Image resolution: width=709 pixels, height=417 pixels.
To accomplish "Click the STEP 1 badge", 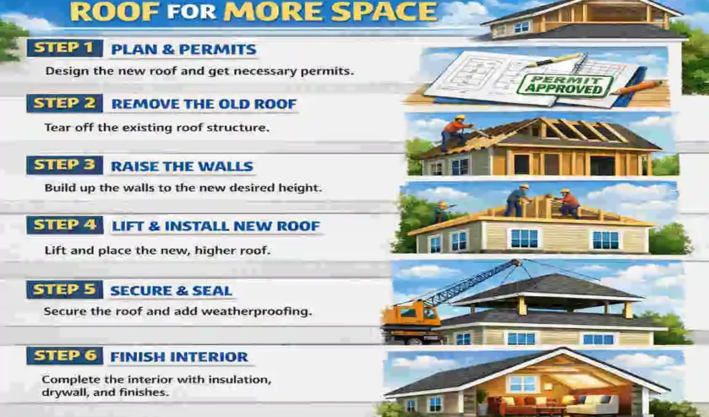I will pyautogui.click(x=65, y=49).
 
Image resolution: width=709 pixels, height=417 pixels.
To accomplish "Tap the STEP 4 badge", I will pyautogui.click(x=65, y=225).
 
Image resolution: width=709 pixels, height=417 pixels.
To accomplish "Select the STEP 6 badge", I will pyautogui.click(x=65, y=356).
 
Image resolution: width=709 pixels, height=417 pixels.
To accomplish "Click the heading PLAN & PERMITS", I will pyautogui.click(x=184, y=49).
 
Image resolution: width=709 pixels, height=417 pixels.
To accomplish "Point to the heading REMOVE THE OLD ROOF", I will pyautogui.click(x=204, y=104).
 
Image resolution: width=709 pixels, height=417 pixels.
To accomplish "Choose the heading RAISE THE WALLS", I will pyautogui.click(x=182, y=167).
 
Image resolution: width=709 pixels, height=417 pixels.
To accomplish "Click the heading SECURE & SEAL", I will pyautogui.click(x=171, y=291).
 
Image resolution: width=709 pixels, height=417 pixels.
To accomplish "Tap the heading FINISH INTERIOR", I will pyautogui.click(x=179, y=357).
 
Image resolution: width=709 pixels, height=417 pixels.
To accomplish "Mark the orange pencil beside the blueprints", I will pyautogui.click(x=637, y=88).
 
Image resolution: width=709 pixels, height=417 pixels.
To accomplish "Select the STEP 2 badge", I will pyautogui.click(x=65, y=104).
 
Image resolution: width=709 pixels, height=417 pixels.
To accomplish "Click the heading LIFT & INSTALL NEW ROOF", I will pyautogui.click(x=215, y=226).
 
